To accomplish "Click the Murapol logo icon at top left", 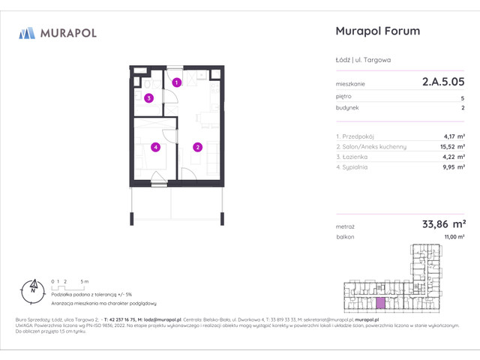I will click(28, 32).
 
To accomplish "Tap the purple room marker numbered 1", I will click(175, 82).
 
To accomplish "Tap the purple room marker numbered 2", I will click(197, 147).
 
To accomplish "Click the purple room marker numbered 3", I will click(149, 98).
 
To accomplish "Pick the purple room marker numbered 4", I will click(155, 147).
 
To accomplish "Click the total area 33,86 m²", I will click(443, 223).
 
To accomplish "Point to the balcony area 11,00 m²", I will click(450, 236).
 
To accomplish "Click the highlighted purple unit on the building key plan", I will click(382, 302).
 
